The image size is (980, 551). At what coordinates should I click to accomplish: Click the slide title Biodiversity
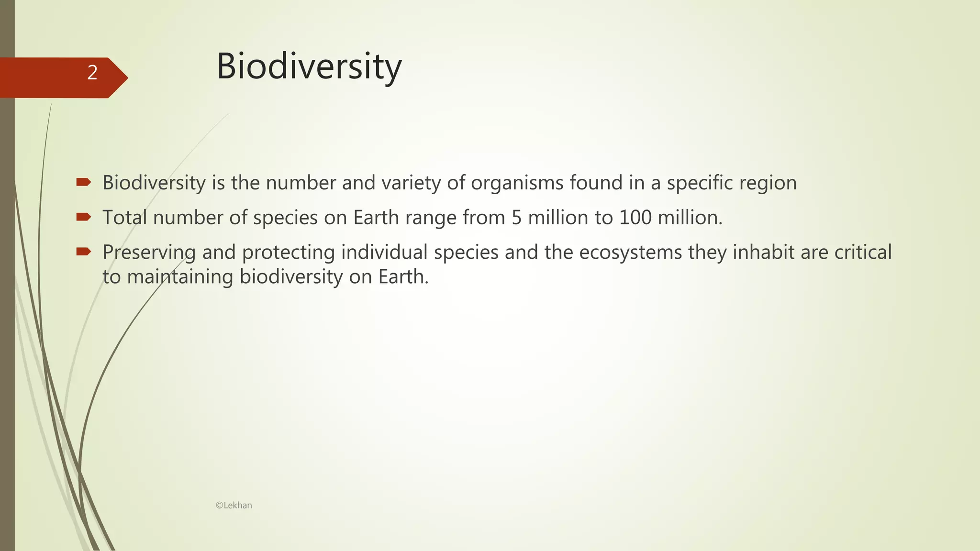[x=309, y=66]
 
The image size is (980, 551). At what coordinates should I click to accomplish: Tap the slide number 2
[x=92, y=73]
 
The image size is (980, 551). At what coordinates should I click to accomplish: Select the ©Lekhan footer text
[x=234, y=505]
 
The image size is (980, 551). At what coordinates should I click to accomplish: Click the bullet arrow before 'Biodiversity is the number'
[x=83, y=182]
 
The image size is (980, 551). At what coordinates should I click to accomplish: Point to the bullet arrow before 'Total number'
[x=83, y=217]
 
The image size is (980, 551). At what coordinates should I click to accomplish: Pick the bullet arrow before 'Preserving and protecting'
[x=83, y=252]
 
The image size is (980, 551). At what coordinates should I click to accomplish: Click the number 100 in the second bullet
[x=635, y=218]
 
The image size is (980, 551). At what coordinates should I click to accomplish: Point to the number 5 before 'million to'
[x=516, y=218]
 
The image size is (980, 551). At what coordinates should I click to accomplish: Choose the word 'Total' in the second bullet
[x=124, y=218]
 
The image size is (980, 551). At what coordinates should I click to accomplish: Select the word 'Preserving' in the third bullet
[x=149, y=253]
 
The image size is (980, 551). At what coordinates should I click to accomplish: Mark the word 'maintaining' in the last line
[x=180, y=277]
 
